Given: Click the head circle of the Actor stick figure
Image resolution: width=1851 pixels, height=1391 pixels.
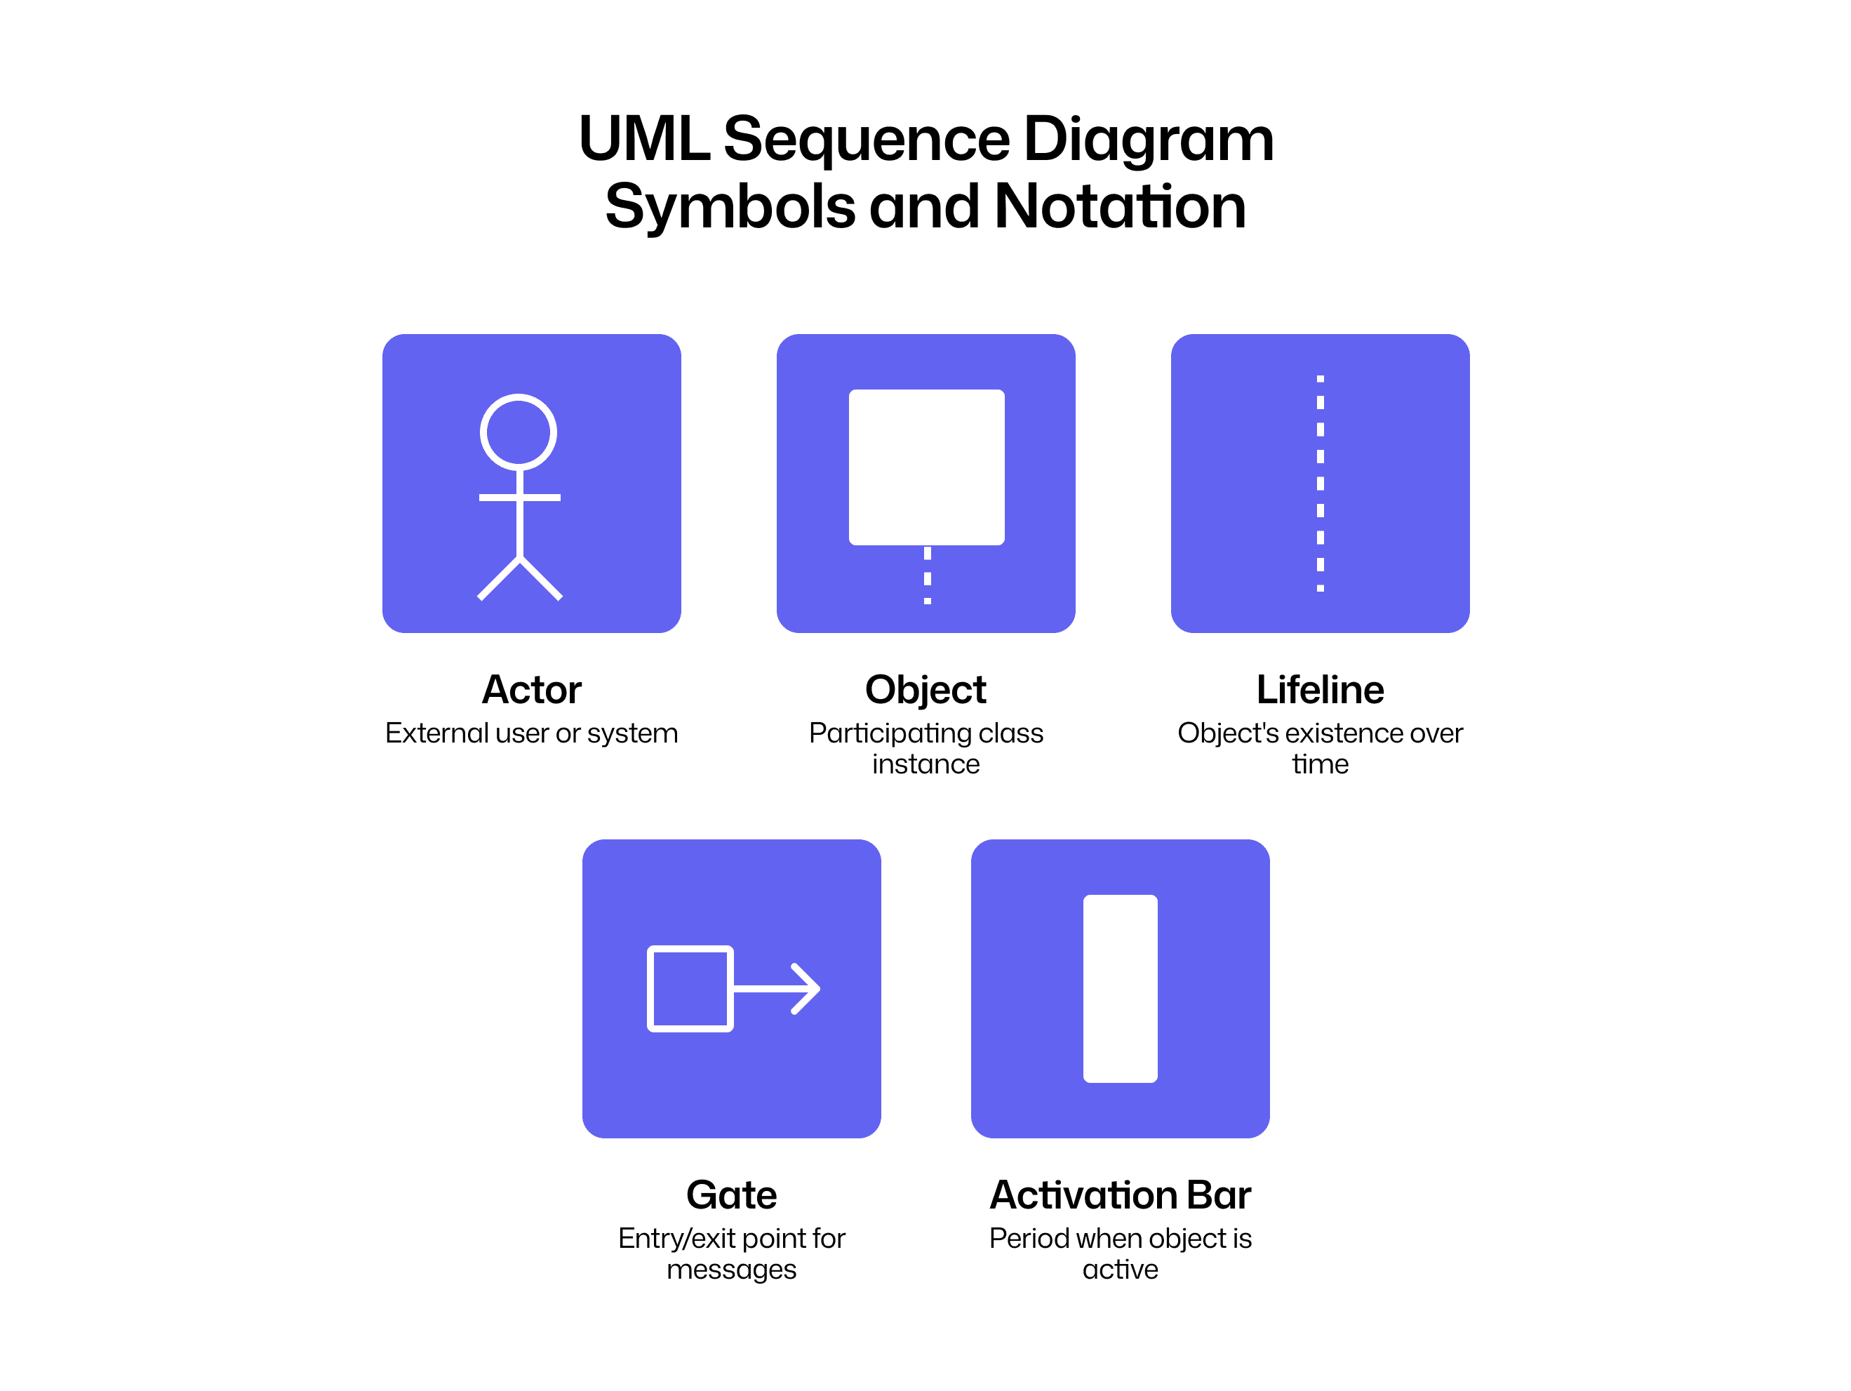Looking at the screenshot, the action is tap(518, 432).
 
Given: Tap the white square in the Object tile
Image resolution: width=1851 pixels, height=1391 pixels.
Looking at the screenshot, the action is tap(926, 467).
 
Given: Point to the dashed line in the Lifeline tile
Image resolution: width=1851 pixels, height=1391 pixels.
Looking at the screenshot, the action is tap(1320, 484).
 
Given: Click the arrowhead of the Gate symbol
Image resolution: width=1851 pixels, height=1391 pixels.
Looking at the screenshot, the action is tap(807, 988).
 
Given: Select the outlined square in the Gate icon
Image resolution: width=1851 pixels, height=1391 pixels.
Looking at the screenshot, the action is tap(690, 988).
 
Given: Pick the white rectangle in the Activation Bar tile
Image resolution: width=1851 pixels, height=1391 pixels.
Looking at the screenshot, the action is tap(1120, 988).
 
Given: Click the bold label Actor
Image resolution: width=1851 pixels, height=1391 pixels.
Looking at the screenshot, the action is tap(531, 690).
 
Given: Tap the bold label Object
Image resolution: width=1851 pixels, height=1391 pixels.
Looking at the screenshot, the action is tap(926, 690).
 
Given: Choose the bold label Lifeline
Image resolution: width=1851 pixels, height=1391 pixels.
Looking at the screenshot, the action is tap(1320, 690).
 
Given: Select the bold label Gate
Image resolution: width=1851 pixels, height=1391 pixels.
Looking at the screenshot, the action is tap(731, 1194).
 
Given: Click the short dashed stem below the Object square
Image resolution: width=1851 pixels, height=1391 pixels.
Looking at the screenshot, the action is tap(927, 575).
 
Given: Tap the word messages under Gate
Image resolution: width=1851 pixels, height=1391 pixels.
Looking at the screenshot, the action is tap(731, 1270).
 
